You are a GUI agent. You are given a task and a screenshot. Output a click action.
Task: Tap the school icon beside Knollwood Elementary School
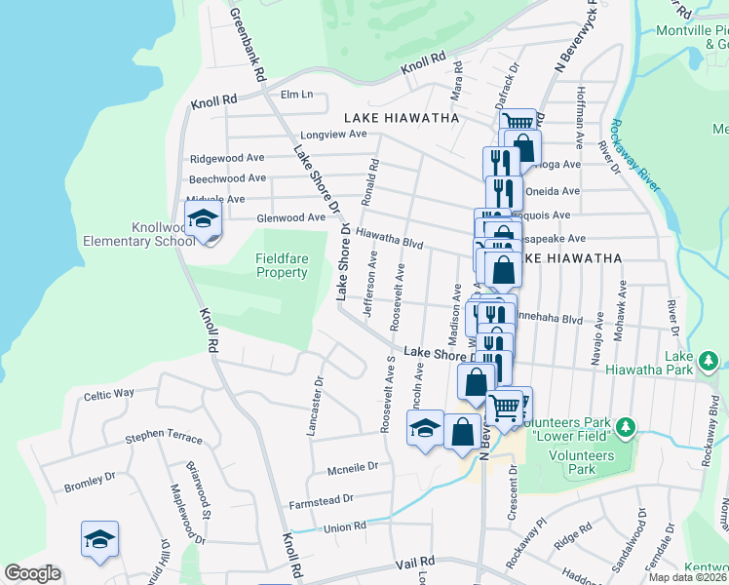[x=203, y=220]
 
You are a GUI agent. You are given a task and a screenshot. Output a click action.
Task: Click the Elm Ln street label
[x=296, y=95]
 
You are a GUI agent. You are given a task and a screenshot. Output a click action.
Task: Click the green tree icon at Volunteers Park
[x=626, y=426]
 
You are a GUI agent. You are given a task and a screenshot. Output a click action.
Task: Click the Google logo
[x=32, y=574]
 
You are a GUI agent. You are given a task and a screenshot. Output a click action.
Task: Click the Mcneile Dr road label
[x=352, y=467]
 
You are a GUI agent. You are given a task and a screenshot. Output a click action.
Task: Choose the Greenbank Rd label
[x=248, y=44]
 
